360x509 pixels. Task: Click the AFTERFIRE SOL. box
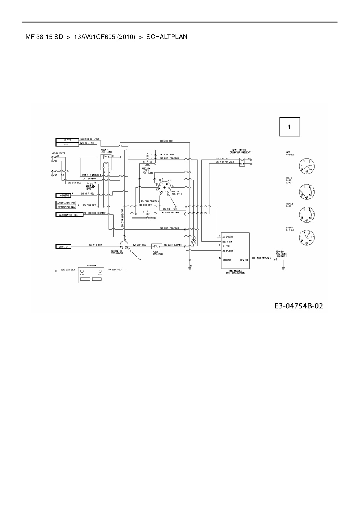pyautogui.click(x=66, y=207)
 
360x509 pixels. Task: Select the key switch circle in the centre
pyautogui.click(x=165, y=188)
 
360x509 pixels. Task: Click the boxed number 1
pyautogui.click(x=289, y=127)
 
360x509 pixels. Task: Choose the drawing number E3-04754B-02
pyautogui.click(x=298, y=306)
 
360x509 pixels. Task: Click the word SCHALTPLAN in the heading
pyautogui.click(x=167, y=37)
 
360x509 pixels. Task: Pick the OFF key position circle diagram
pyautogui.click(x=307, y=166)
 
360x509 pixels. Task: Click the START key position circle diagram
pyautogui.click(x=307, y=237)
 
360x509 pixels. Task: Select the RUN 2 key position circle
pyautogui.click(x=307, y=214)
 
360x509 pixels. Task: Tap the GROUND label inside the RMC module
pyautogui.click(x=227, y=260)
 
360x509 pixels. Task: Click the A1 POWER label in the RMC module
pyautogui.click(x=228, y=237)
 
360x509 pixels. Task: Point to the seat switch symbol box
pyautogui.click(x=242, y=162)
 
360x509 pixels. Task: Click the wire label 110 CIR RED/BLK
pyautogui.click(x=261, y=258)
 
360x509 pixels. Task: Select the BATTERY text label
pyautogui.click(x=91, y=266)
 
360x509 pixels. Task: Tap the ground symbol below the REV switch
pyautogui.click(x=283, y=268)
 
